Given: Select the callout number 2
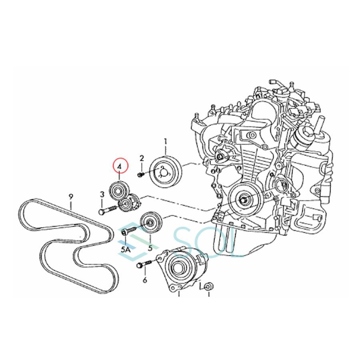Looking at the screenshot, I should click(141, 159).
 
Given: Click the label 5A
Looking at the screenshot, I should click(126, 248).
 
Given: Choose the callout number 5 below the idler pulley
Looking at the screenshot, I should click(150, 248).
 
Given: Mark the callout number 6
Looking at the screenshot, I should click(144, 280).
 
